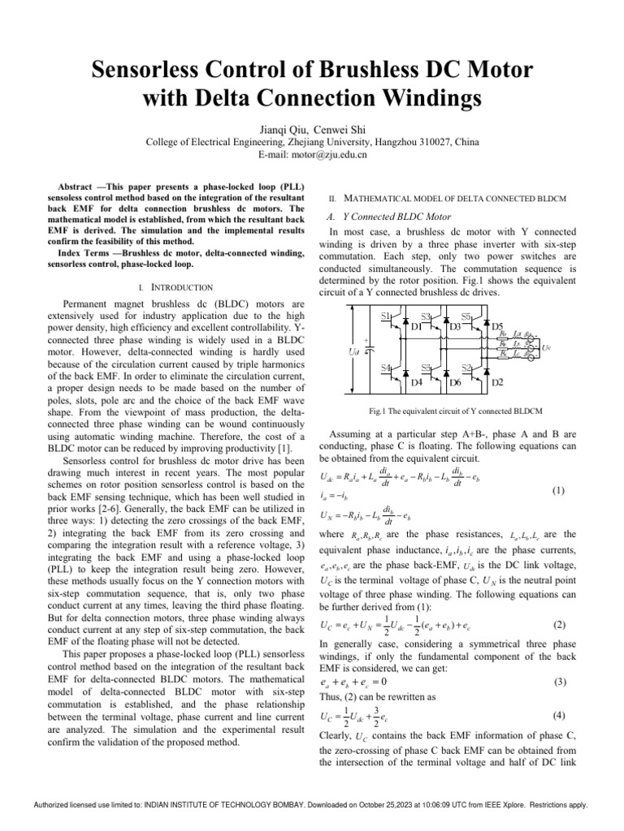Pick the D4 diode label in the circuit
point(417,381)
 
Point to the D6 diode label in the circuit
point(456,381)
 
